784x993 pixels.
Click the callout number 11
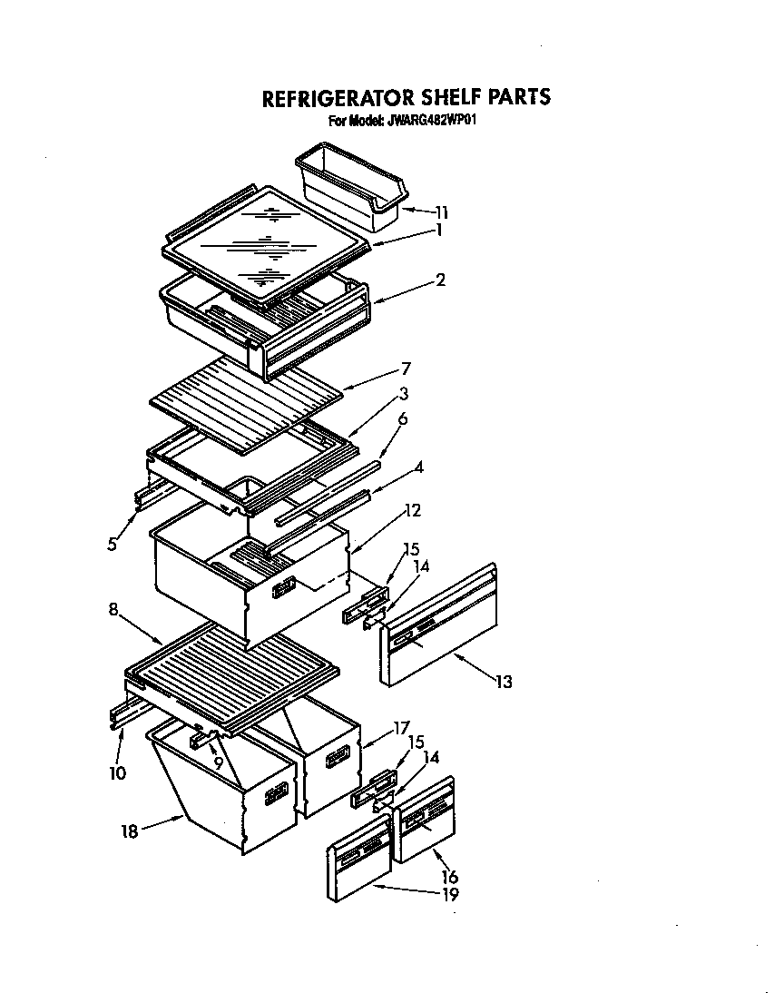[441, 213]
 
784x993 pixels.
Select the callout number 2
[440, 280]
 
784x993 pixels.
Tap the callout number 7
[406, 368]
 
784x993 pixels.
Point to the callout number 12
[412, 511]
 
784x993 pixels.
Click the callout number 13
[503, 682]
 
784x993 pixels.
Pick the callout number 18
[131, 831]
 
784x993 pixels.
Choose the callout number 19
[449, 894]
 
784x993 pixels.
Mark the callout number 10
[117, 773]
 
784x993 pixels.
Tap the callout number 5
[112, 545]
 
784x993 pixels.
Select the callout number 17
[401, 727]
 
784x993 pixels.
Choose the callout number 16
[449, 877]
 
